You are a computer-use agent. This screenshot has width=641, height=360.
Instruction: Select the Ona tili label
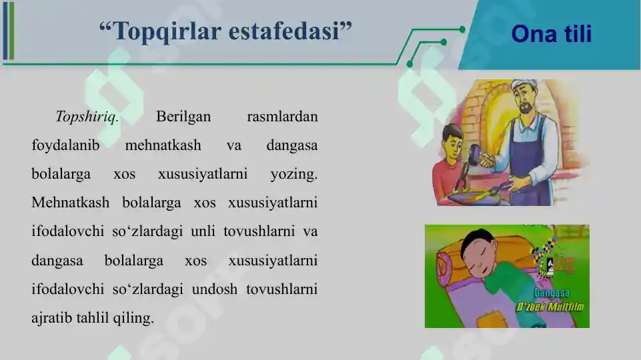click(551, 34)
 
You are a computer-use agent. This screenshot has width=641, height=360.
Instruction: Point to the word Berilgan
click(183, 117)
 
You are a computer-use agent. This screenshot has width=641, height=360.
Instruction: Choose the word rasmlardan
click(282, 117)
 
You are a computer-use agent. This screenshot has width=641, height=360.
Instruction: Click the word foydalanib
click(63, 146)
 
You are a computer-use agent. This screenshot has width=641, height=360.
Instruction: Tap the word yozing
click(294, 175)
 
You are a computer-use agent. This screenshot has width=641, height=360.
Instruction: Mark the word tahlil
click(98, 318)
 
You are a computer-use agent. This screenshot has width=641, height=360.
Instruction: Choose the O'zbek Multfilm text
click(551, 307)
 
